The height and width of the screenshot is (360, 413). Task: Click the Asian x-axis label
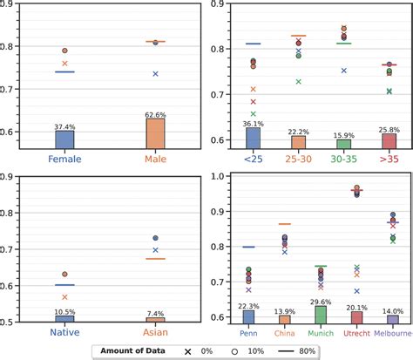click(x=155, y=332)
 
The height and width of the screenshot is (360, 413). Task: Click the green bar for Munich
click(x=320, y=314)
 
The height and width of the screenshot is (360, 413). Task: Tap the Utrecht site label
click(x=355, y=332)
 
